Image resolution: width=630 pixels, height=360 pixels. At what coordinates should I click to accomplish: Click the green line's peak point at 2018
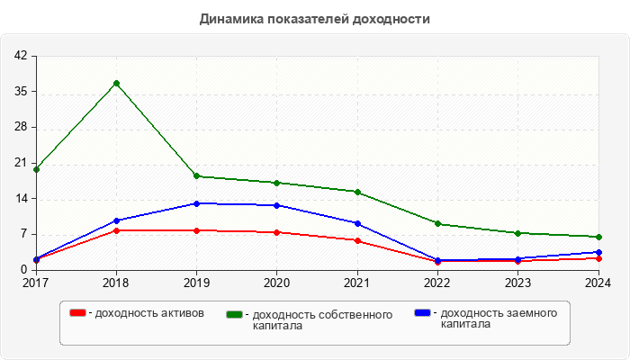[x=116, y=84]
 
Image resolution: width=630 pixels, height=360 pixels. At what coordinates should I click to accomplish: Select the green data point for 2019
[x=196, y=176]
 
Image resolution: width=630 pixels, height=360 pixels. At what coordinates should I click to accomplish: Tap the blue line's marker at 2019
[x=196, y=203]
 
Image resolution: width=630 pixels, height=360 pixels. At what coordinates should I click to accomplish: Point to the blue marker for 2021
[x=357, y=223]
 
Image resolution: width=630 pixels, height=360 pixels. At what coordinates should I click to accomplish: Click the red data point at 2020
[x=276, y=232]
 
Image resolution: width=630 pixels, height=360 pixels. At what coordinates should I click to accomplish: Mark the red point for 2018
[x=116, y=230]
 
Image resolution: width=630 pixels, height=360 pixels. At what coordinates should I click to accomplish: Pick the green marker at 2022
[x=437, y=223]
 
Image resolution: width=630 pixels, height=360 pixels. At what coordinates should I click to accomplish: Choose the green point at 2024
[x=598, y=237]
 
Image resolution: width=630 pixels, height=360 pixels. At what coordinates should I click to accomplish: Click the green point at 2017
[x=36, y=169]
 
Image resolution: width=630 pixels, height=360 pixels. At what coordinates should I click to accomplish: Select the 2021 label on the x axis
[x=357, y=283]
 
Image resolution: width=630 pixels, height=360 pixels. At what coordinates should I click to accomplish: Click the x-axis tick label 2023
[x=518, y=283]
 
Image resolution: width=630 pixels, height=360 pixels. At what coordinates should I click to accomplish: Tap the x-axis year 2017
[x=36, y=283]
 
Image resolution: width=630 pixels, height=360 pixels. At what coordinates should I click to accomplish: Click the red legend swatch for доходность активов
[x=77, y=312]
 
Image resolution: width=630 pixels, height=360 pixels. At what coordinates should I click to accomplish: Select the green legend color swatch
[x=235, y=314]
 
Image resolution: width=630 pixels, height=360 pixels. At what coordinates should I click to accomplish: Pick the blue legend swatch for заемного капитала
[x=422, y=312]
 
